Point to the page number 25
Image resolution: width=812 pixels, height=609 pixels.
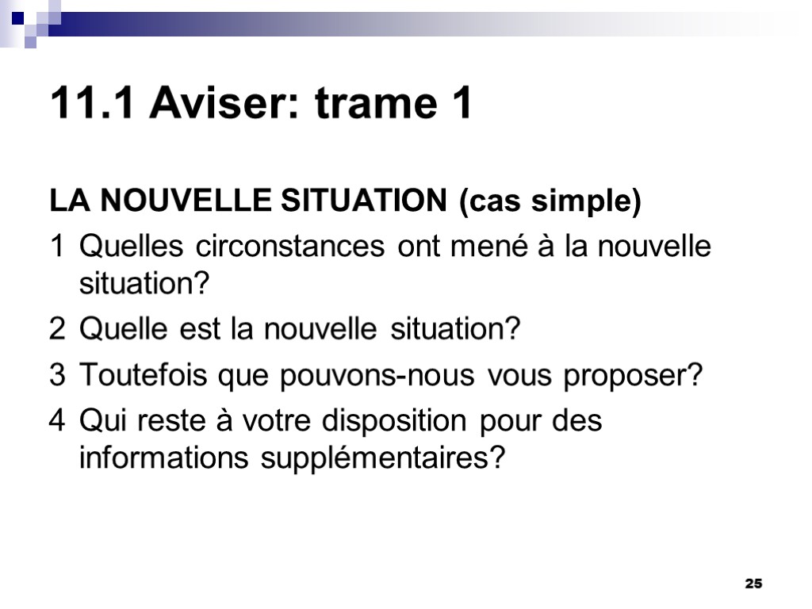coord(753,584)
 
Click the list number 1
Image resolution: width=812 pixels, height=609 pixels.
coord(57,247)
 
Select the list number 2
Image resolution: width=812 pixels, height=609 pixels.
coord(57,328)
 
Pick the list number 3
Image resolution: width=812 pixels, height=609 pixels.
coord(57,376)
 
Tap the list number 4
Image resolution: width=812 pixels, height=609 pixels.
coord(57,420)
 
